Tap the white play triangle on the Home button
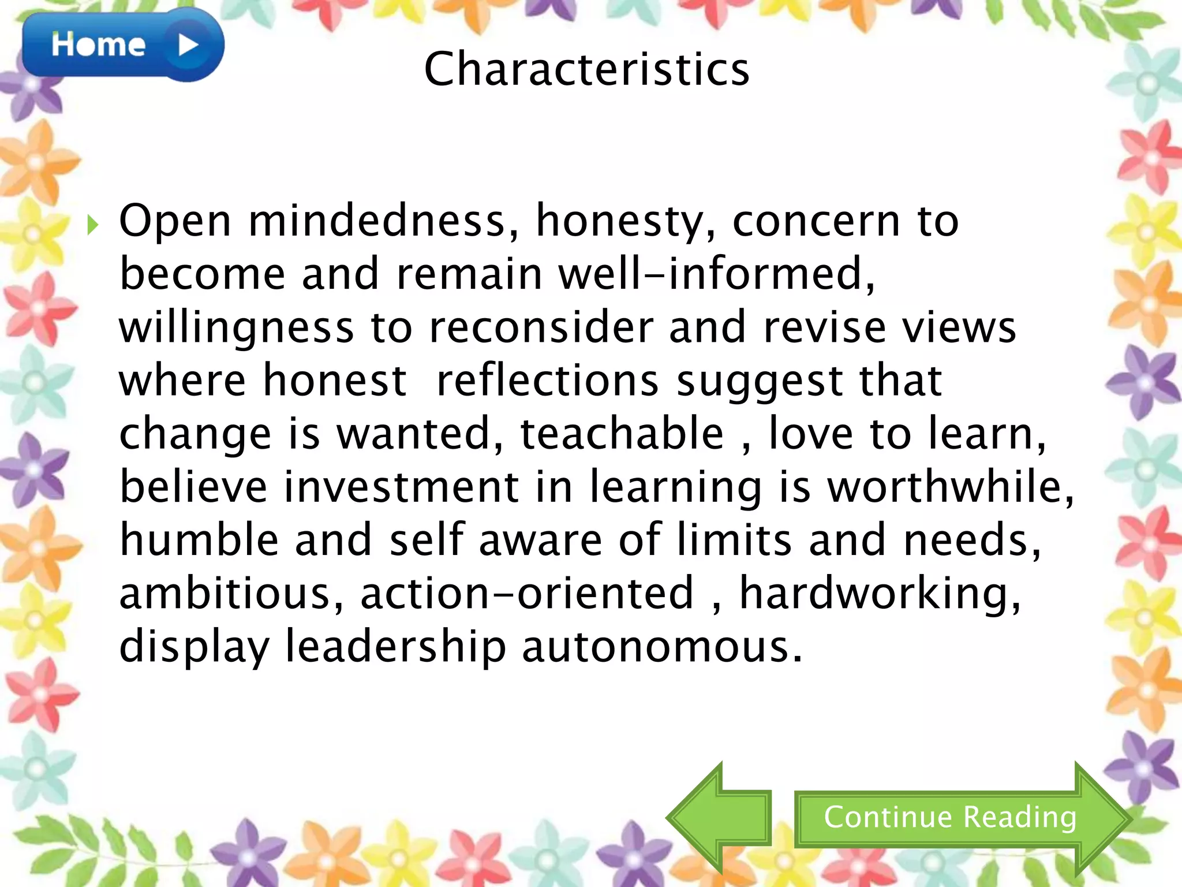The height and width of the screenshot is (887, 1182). tap(188, 45)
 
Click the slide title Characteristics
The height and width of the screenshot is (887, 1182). tap(586, 69)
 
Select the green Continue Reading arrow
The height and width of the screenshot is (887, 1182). tap(962, 818)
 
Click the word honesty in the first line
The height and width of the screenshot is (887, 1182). tap(626, 222)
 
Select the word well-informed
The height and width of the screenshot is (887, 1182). tap(716, 274)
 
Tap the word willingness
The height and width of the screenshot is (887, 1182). tap(236, 328)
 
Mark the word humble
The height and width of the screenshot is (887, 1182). tap(199, 541)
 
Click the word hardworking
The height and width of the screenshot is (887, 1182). tap(880, 594)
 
